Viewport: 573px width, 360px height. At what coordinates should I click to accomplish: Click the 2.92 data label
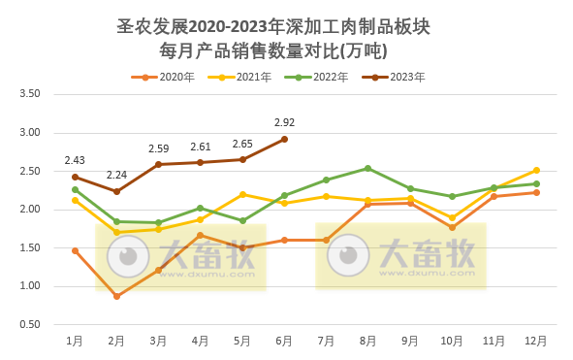coord(284,123)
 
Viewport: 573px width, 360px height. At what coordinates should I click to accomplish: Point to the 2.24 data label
coord(116,176)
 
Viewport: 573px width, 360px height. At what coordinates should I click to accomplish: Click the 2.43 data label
coord(75,161)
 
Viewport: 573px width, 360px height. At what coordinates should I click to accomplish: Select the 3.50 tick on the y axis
coord(30,94)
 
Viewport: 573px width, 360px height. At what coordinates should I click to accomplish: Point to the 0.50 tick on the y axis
coord(30,324)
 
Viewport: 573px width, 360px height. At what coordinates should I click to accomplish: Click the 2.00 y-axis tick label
coord(30,210)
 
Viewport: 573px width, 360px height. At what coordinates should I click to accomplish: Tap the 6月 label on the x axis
coord(284,342)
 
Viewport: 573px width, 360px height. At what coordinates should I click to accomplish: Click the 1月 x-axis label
coord(75,342)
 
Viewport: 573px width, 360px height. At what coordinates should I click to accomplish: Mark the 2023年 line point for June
coord(284,139)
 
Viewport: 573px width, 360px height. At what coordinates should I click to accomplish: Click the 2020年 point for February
coord(116,296)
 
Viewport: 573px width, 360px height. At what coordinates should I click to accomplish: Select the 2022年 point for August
coord(368,168)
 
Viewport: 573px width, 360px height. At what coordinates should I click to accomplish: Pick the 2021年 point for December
coord(536,171)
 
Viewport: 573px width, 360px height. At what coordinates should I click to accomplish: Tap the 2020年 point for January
coord(75,250)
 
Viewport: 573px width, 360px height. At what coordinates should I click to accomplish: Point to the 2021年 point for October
coord(452,218)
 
